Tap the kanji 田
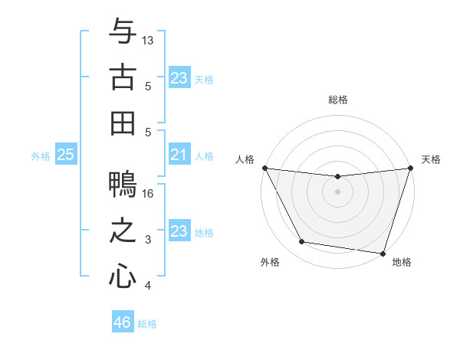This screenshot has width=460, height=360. pyautogui.click(x=123, y=123)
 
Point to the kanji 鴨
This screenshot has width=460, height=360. pyautogui.click(x=123, y=185)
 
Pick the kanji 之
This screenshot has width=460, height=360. pyautogui.click(x=123, y=231)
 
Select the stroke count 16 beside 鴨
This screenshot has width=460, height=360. pyautogui.click(x=149, y=194)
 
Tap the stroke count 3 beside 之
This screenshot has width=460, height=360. pyautogui.click(x=149, y=240)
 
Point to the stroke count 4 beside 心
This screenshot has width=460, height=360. pyautogui.click(x=149, y=286)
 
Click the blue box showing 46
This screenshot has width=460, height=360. pyautogui.click(x=123, y=322)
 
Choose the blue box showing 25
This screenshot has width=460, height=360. pyautogui.click(x=65, y=155)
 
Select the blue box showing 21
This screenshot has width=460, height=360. pyautogui.click(x=179, y=155)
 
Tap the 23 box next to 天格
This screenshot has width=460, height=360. pyautogui.click(x=179, y=77)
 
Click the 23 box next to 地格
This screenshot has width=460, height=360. pyautogui.click(x=179, y=231)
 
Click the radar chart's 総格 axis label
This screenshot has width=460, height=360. pyautogui.click(x=338, y=100)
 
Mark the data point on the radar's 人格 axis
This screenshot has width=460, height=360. pyautogui.click(x=265, y=168)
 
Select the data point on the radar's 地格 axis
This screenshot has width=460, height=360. pyautogui.click(x=383, y=253)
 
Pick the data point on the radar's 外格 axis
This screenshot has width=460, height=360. pyautogui.click(x=302, y=242)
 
